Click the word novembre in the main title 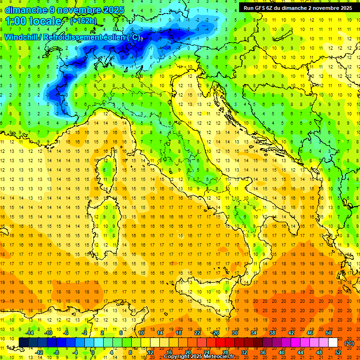pos(77,10)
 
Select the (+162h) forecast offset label pos(83,21)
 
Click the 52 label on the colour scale pos(338,352)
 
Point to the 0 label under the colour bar pos(93,352)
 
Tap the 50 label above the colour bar pos(329,333)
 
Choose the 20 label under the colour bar pos(187,352)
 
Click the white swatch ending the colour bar pos(333,342)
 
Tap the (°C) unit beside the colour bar pos(349,343)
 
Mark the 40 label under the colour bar pos(282,352)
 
